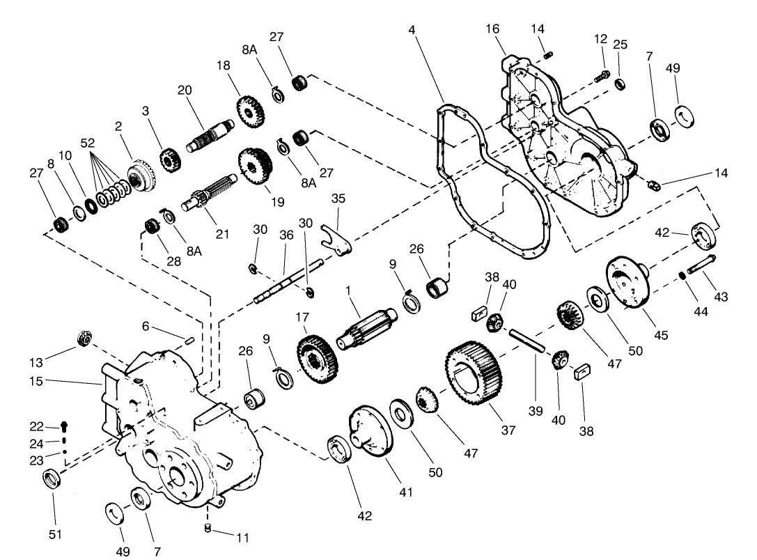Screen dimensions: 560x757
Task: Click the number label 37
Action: (508, 430)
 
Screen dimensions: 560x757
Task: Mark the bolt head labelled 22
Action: (65, 426)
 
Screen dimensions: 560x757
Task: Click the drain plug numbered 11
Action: (208, 527)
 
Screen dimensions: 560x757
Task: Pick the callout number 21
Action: (222, 234)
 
